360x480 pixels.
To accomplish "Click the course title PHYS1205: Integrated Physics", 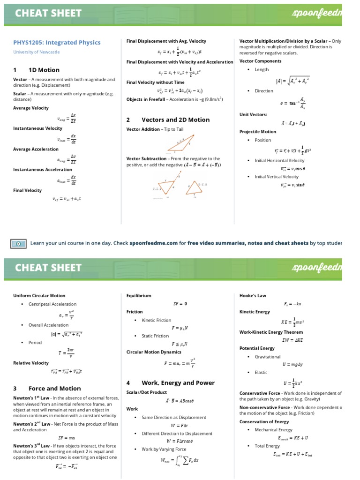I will click(x=57, y=43).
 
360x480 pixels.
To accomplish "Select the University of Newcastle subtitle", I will click(x=37, y=52).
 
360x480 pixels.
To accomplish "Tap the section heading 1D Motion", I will click(x=44, y=70).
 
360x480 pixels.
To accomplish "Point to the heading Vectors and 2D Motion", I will click(x=175, y=120).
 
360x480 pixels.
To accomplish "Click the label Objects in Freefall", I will click(x=146, y=99).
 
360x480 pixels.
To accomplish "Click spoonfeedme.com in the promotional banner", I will click(x=154, y=243).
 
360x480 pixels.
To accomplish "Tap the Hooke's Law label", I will click(x=253, y=296).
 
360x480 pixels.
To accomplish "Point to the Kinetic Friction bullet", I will click(x=157, y=320).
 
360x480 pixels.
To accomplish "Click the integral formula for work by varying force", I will click(x=180, y=460).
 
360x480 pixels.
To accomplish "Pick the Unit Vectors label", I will click(x=253, y=114).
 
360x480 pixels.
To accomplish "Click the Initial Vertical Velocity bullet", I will click(x=277, y=177).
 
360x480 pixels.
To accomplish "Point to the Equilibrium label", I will click(x=139, y=296).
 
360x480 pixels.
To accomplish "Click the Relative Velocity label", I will click(x=31, y=363).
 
